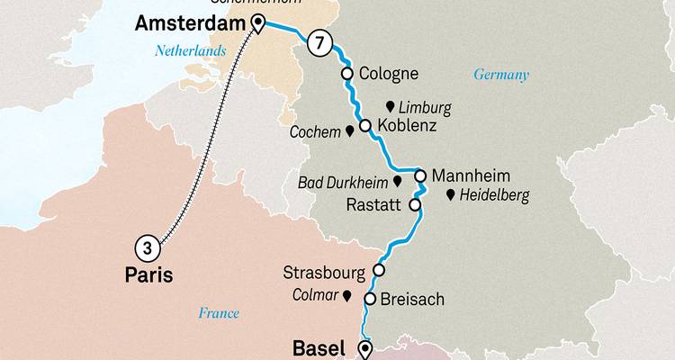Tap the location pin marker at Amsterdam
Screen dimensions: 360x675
point(259,23)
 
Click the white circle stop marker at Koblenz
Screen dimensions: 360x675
point(365,126)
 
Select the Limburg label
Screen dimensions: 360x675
point(426,107)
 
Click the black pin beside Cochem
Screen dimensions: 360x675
point(350,131)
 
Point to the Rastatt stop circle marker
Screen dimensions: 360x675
point(416,205)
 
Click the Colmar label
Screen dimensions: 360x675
point(314,293)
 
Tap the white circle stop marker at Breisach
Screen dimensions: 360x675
point(370,299)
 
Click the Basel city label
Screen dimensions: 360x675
point(319,346)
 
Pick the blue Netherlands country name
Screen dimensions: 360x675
point(193,53)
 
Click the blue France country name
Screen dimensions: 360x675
point(220,313)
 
